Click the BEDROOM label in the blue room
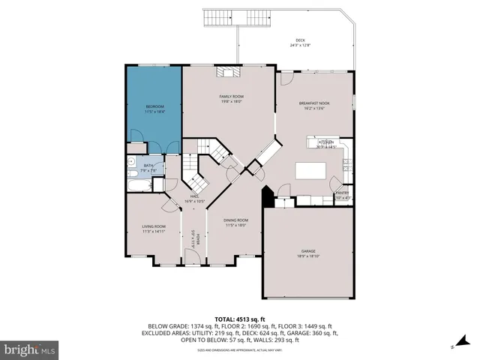point(154,107)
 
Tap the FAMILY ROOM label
point(230,97)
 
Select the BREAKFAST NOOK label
point(314,103)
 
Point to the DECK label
point(300,40)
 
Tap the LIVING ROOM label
point(154,226)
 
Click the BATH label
point(148,165)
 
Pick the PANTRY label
point(341,193)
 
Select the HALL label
point(193,196)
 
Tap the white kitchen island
point(311,170)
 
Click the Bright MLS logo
point(31,349)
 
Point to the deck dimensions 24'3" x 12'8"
point(300,45)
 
